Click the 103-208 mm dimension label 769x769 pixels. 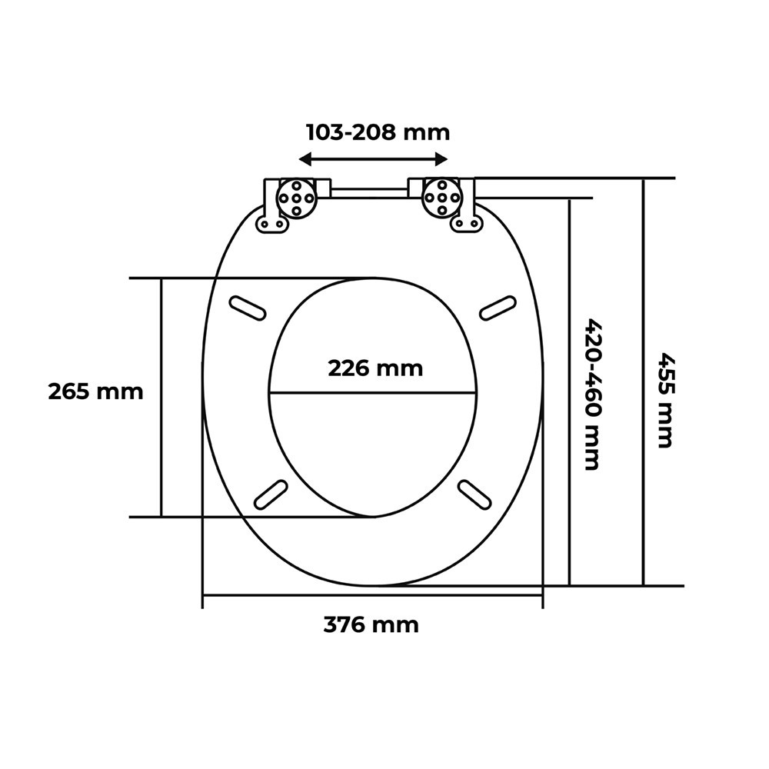(378, 132)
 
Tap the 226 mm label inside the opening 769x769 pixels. (375, 368)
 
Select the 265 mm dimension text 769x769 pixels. (95, 391)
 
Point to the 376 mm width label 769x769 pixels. (371, 625)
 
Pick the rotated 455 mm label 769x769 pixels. (665, 399)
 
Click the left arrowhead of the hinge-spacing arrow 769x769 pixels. (305, 159)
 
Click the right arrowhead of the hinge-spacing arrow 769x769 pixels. (441, 159)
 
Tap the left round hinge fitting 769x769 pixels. (296, 197)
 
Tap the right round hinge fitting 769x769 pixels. (442, 197)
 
